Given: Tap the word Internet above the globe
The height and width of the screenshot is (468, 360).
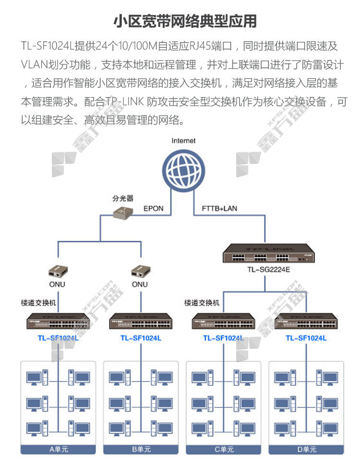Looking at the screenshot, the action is pos(183,141).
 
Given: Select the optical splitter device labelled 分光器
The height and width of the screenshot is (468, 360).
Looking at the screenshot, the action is pos(123,212).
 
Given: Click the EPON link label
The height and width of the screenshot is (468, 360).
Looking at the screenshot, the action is pos(153,209).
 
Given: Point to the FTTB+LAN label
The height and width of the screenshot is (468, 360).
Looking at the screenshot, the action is pos(219,209).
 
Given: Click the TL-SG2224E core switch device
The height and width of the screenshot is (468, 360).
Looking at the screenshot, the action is pos(269,253).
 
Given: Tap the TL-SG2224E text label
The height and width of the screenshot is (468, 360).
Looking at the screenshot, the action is pos(269,270).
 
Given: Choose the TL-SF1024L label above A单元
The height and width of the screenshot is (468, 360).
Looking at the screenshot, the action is pos(58,338).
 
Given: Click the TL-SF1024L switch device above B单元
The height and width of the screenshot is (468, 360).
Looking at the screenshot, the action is pos(141,321).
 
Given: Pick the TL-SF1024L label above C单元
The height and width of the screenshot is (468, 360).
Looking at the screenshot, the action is pos(223,338).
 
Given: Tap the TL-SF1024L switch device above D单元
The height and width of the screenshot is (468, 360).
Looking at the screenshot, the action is pos(306,321).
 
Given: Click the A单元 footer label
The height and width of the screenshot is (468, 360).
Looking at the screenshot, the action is pos(59,449).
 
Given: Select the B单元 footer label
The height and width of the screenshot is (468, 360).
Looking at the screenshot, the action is pos(141,449).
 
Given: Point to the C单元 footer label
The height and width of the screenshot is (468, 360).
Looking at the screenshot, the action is pos(224,449).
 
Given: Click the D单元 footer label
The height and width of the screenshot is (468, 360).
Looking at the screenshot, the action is pos(306,449).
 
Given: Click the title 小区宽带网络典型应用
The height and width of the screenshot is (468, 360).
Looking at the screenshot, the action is pos(185,22).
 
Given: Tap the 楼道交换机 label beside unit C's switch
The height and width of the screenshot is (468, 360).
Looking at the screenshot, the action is pos(202,303).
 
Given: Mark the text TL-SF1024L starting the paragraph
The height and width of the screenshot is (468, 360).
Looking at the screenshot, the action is pos(48,46).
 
